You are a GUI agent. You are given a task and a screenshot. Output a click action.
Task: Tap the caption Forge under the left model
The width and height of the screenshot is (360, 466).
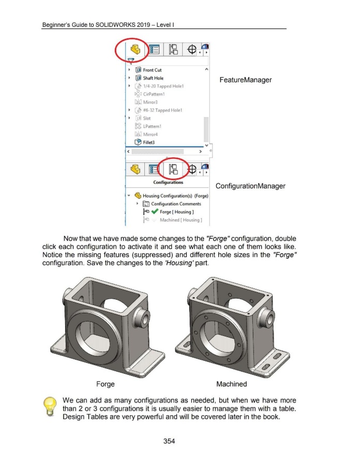(x=106, y=384)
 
